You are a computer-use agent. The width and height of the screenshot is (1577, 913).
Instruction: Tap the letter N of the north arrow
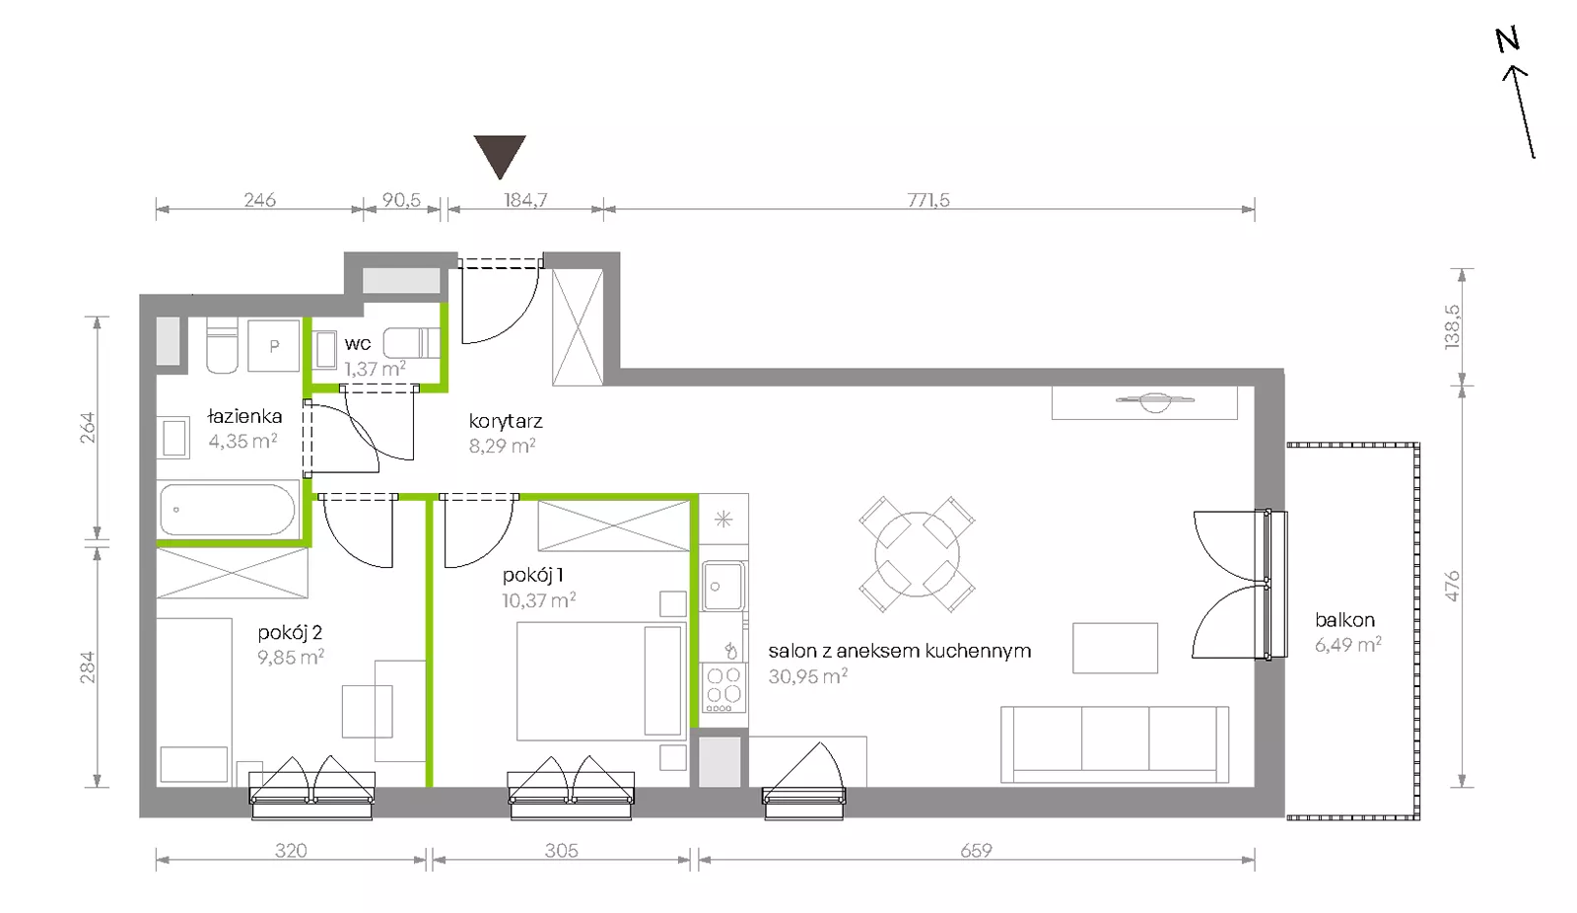pos(1507,40)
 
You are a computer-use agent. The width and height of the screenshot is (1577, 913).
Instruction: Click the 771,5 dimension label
pos(927,200)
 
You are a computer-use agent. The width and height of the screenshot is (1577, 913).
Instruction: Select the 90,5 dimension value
pos(401,200)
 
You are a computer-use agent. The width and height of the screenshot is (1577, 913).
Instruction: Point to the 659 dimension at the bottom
pos(976,851)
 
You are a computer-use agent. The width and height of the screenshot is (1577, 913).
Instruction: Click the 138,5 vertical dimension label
pos(1452,326)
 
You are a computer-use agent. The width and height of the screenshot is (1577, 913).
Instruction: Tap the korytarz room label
pos(506,421)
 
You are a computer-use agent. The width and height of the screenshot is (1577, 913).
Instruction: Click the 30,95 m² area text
pos(807,676)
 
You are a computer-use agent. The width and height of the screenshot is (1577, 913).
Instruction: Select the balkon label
pos(1344,620)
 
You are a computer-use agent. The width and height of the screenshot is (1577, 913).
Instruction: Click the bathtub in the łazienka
pos(228,510)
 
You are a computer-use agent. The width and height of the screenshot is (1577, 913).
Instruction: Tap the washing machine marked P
pos(274,345)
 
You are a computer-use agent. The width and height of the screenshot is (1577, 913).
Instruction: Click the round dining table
pos(917,554)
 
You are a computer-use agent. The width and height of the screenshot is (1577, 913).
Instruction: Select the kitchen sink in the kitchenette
pos(723,586)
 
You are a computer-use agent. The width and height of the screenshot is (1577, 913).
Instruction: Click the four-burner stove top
pos(723,688)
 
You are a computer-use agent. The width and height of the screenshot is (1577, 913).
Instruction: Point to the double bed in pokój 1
pos(601,680)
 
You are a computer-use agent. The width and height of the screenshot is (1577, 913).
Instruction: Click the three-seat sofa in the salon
pos(1115,744)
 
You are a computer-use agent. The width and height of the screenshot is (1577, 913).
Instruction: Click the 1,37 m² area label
pos(375,369)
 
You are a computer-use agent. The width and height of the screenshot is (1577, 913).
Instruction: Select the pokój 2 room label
pos(290,633)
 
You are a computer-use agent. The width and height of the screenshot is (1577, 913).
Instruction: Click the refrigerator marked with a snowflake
pos(723,520)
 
